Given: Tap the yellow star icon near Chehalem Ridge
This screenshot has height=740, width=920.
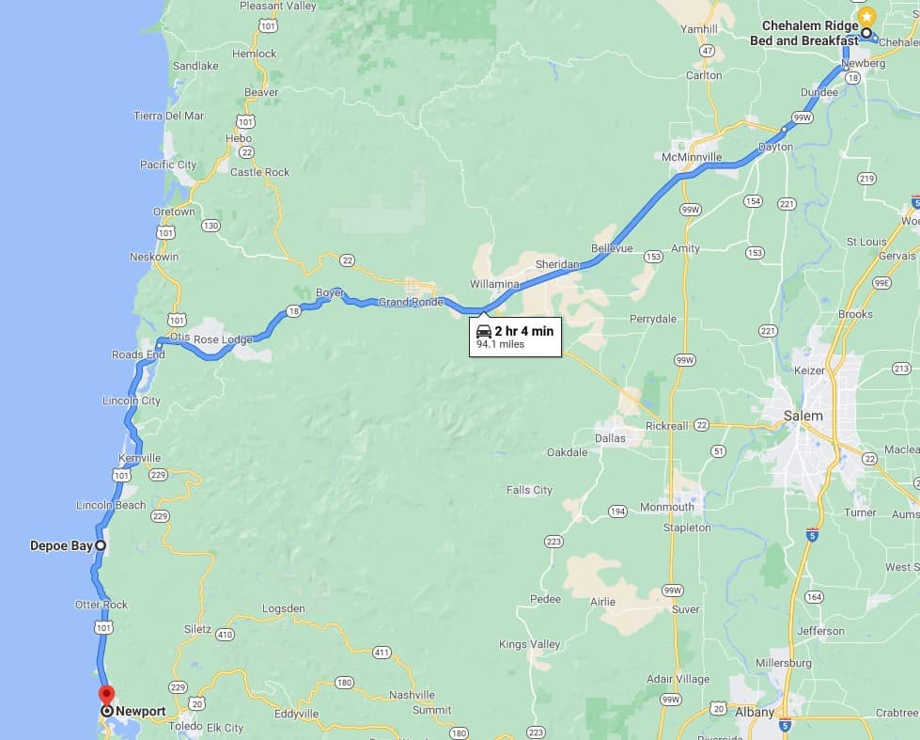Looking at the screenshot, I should tap(867, 16).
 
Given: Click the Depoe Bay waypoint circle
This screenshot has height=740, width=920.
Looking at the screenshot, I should tap(100, 545).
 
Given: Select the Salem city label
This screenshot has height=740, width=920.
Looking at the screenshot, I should tap(803, 416).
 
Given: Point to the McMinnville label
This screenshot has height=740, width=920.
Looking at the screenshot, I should tap(692, 156).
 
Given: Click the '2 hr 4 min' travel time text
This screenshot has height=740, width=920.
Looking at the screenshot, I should tap(524, 331).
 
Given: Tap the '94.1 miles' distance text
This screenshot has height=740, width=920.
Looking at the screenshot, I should tap(500, 345).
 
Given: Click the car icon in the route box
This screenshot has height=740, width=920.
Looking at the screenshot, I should tap(484, 331).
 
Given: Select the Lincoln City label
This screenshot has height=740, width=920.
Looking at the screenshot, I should tap(132, 401).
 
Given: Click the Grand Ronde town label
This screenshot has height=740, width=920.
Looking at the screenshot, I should tap(411, 302).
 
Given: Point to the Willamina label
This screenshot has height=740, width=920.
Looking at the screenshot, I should tap(495, 283).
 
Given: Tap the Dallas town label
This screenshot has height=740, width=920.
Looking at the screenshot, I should tap(611, 438).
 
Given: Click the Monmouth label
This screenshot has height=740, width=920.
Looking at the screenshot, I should tap(666, 507).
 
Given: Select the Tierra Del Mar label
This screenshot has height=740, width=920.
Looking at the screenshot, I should tap(169, 116).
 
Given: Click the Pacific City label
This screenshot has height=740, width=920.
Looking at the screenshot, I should tap(168, 165).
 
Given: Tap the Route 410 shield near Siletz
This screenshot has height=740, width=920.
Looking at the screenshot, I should tap(225, 635).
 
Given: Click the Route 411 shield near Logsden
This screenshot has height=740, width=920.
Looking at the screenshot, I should tap(381, 653).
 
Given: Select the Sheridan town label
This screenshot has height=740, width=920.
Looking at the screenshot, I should tap(558, 264).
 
